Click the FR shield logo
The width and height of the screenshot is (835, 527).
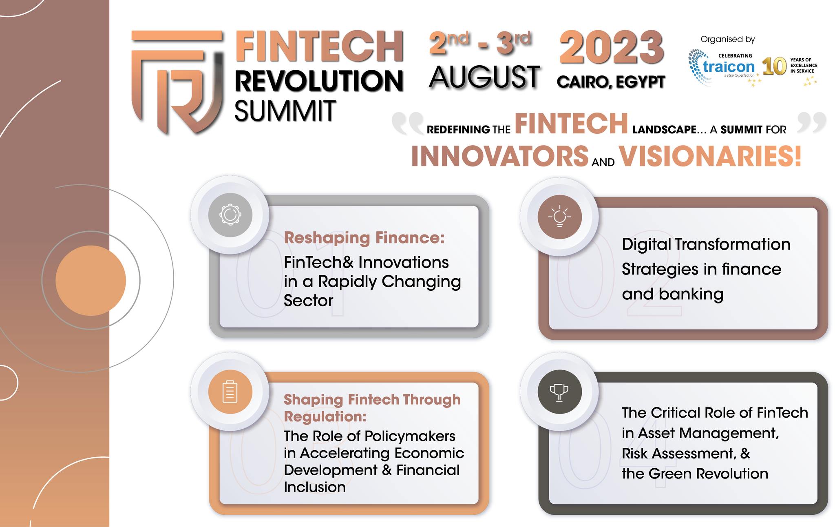(177, 82)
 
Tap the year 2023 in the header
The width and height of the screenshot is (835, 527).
(612, 48)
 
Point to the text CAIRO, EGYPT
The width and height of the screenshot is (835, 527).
(611, 82)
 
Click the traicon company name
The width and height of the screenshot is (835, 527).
(729, 66)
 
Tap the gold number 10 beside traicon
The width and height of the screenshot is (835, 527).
(774, 66)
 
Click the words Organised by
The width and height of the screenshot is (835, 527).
(728, 40)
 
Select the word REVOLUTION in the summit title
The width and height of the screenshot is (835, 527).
(319, 80)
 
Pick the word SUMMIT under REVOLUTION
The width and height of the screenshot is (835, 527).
(285, 111)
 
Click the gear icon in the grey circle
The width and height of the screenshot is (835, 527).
(230, 215)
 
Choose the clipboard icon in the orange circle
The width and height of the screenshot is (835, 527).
(230, 392)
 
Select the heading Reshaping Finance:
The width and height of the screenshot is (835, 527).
(364, 237)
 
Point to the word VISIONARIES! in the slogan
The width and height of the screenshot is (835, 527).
(710, 156)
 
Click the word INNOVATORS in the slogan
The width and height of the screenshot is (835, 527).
(500, 156)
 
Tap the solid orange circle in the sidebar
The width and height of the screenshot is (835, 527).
(91, 281)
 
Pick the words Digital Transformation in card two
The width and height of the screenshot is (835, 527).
(706, 244)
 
